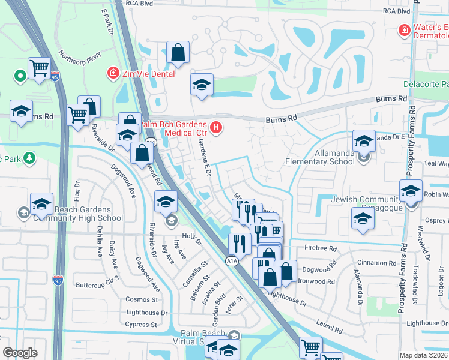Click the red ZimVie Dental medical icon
click(112, 73)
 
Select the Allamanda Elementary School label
click(319, 158)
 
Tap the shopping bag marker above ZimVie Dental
click(178, 53)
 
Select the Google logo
click(20, 353)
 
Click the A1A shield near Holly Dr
click(231, 260)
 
